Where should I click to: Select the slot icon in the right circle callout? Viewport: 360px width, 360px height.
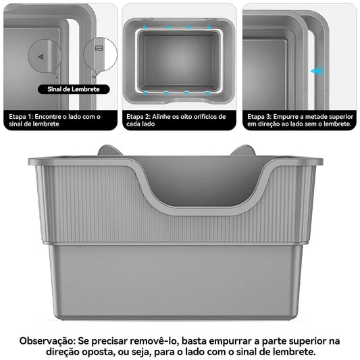point(99,49)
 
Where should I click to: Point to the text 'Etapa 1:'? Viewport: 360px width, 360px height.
point(21,116)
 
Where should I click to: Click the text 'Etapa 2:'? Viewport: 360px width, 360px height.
point(139,116)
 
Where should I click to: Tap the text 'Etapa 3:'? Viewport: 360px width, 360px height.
point(261,116)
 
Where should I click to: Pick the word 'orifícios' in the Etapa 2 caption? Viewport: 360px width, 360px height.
point(214,116)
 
